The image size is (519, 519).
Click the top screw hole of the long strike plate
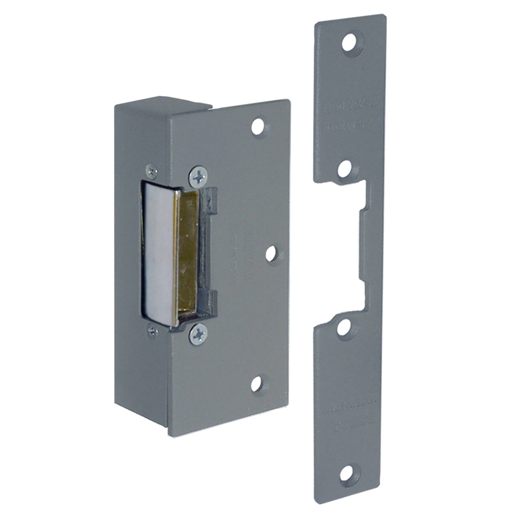pyautogui.click(x=349, y=42)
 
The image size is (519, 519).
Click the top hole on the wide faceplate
pyautogui.click(x=259, y=126)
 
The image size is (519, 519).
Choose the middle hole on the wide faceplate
pyautogui.click(x=272, y=254)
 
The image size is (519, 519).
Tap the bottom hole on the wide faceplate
pyautogui.click(x=258, y=383)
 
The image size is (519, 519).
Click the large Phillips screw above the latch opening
pyautogui.click(x=198, y=176)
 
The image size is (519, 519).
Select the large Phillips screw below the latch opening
pyautogui.click(x=198, y=333)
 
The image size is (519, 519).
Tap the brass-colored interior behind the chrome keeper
pyautogui.click(x=187, y=251)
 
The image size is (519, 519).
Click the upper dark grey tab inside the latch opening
pyautogui.click(x=210, y=200)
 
